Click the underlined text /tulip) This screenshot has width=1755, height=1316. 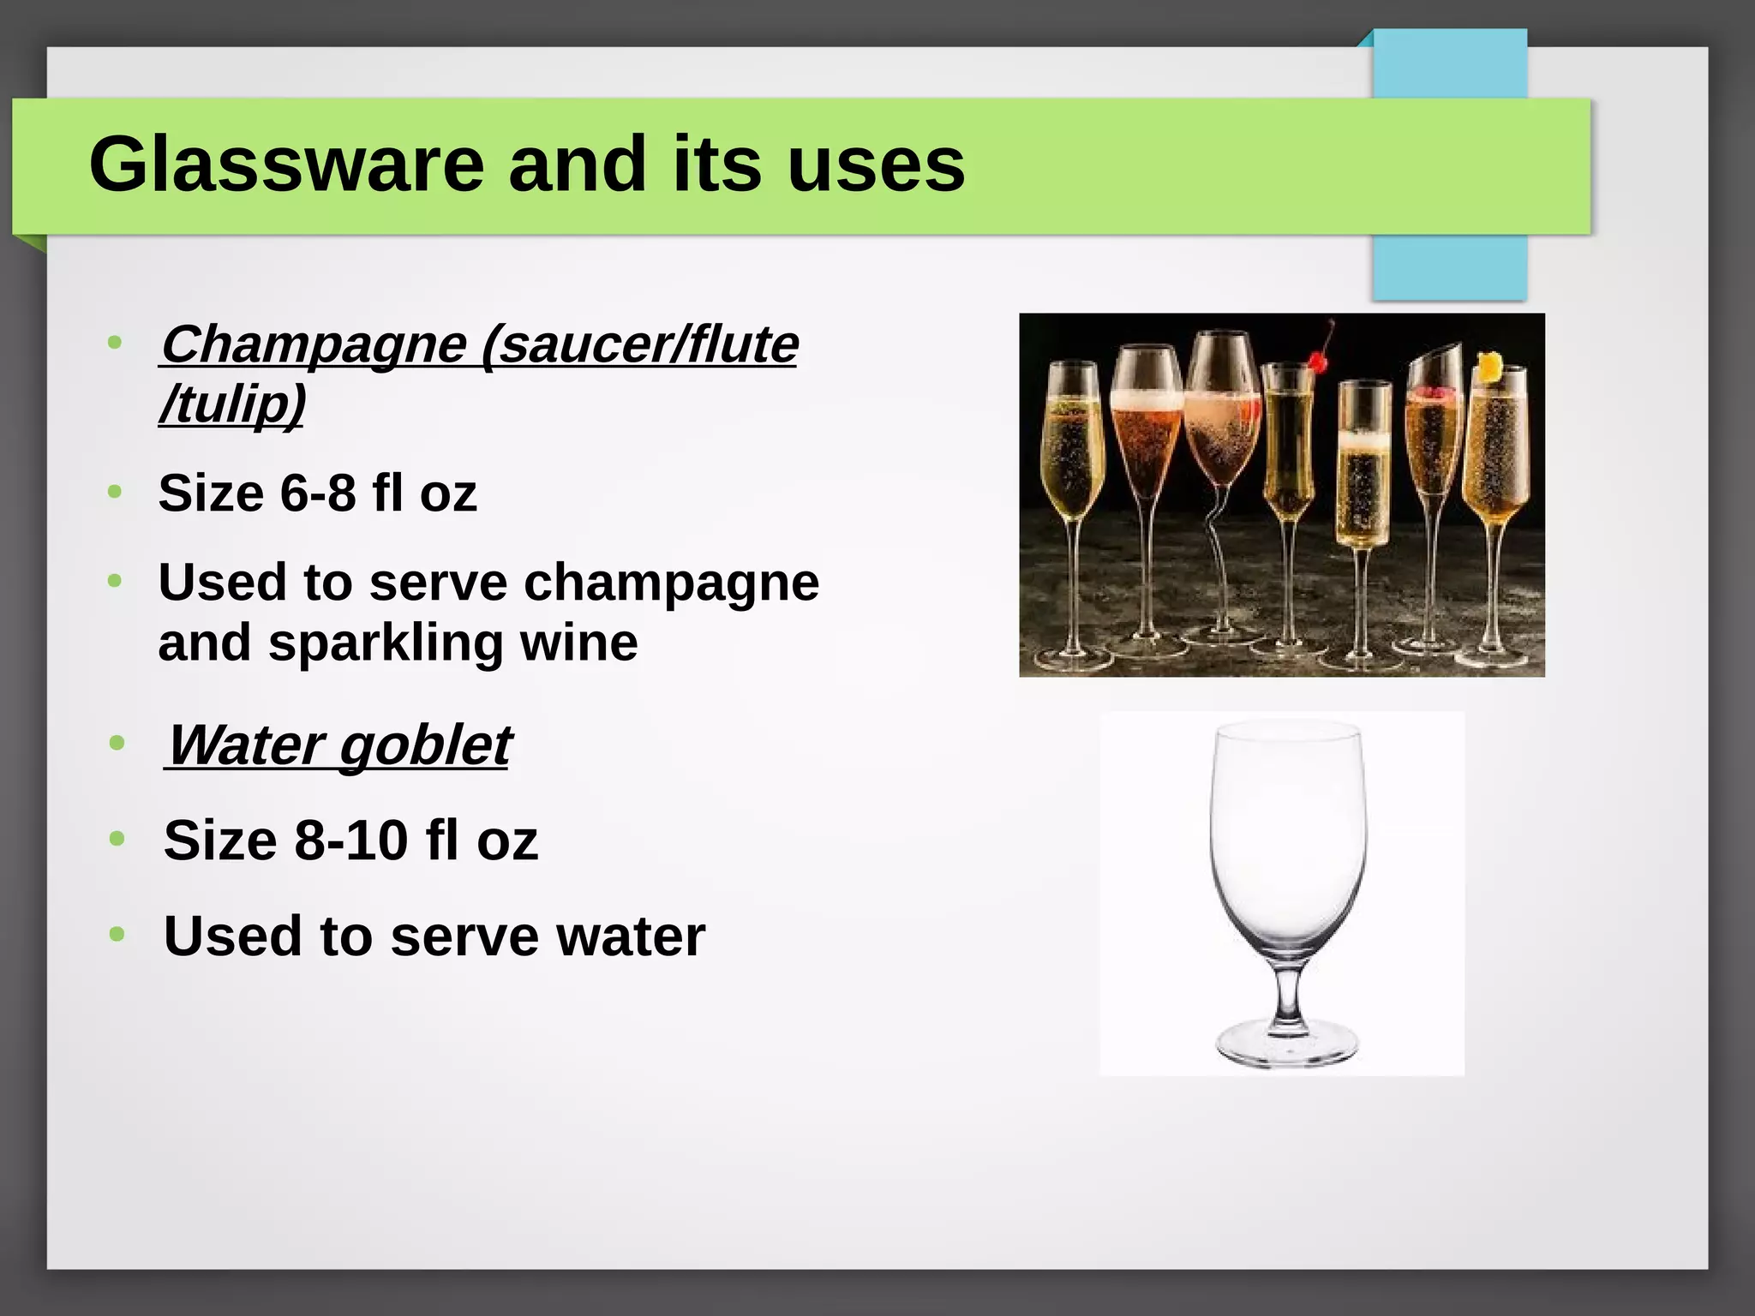tap(232, 404)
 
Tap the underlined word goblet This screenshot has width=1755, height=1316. tap(425, 745)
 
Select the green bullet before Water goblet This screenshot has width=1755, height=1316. tap(117, 743)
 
